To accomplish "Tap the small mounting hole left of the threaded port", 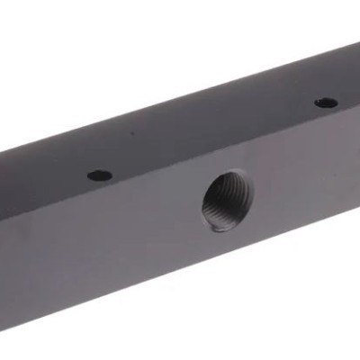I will click(x=100, y=175).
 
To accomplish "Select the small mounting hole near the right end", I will click(x=326, y=103).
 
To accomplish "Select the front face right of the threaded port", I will click(x=306, y=180).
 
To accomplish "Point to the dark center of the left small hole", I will click(x=100, y=175).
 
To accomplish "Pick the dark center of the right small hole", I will click(x=326, y=103).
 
